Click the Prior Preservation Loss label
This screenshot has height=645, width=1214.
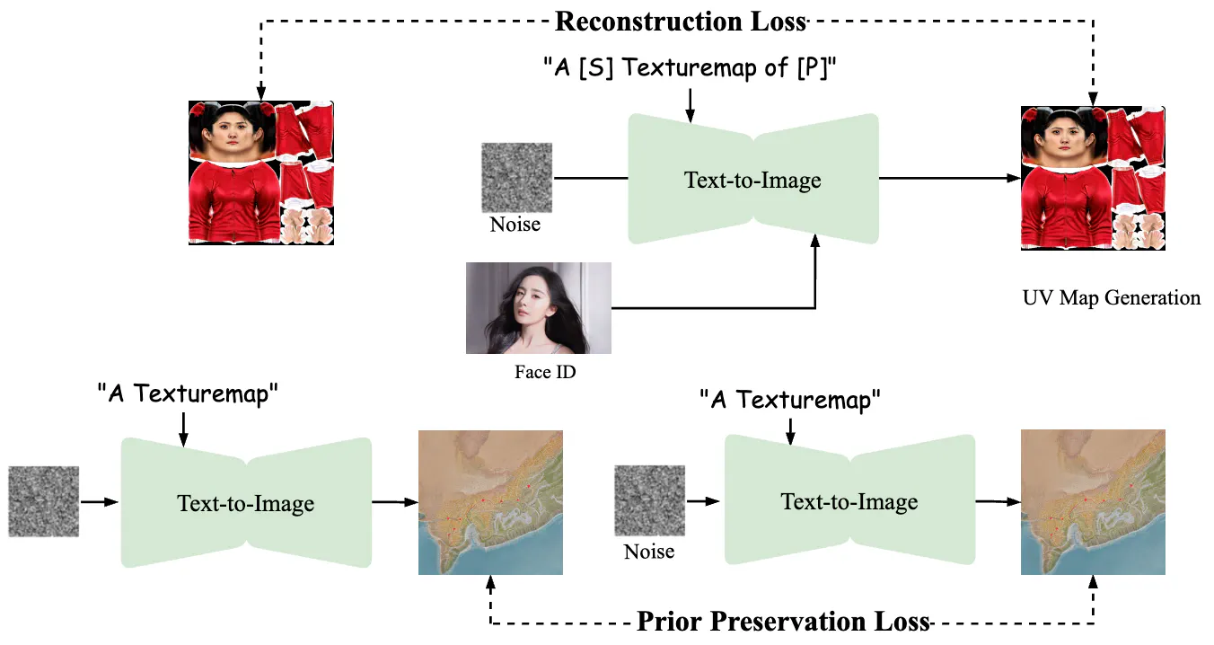[x=782, y=622]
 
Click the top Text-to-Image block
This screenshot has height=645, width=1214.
[x=752, y=179]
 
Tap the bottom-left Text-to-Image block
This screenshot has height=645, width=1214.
[x=246, y=502]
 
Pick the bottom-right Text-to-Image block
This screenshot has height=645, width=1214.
[x=849, y=500]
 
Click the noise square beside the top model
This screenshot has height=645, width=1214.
[x=517, y=177]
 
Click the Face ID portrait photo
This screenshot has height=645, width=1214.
[x=538, y=308]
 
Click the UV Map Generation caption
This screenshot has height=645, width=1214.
[x=1111, y=298]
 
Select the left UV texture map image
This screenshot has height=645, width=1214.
[x=261, y=172]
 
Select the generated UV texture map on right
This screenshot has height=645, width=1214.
[x=1093, y=178]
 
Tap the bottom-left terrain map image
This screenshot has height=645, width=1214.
[x=490, y=502]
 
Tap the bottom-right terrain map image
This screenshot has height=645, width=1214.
[x=1093, y=502]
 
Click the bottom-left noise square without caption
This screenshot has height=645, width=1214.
[x=44, y=500]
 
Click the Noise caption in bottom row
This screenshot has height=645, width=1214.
[x=648, y=551]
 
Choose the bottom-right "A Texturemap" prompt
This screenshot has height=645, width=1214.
[x=790, y=400]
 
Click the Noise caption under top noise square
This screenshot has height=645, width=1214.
[x=515, y=224]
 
